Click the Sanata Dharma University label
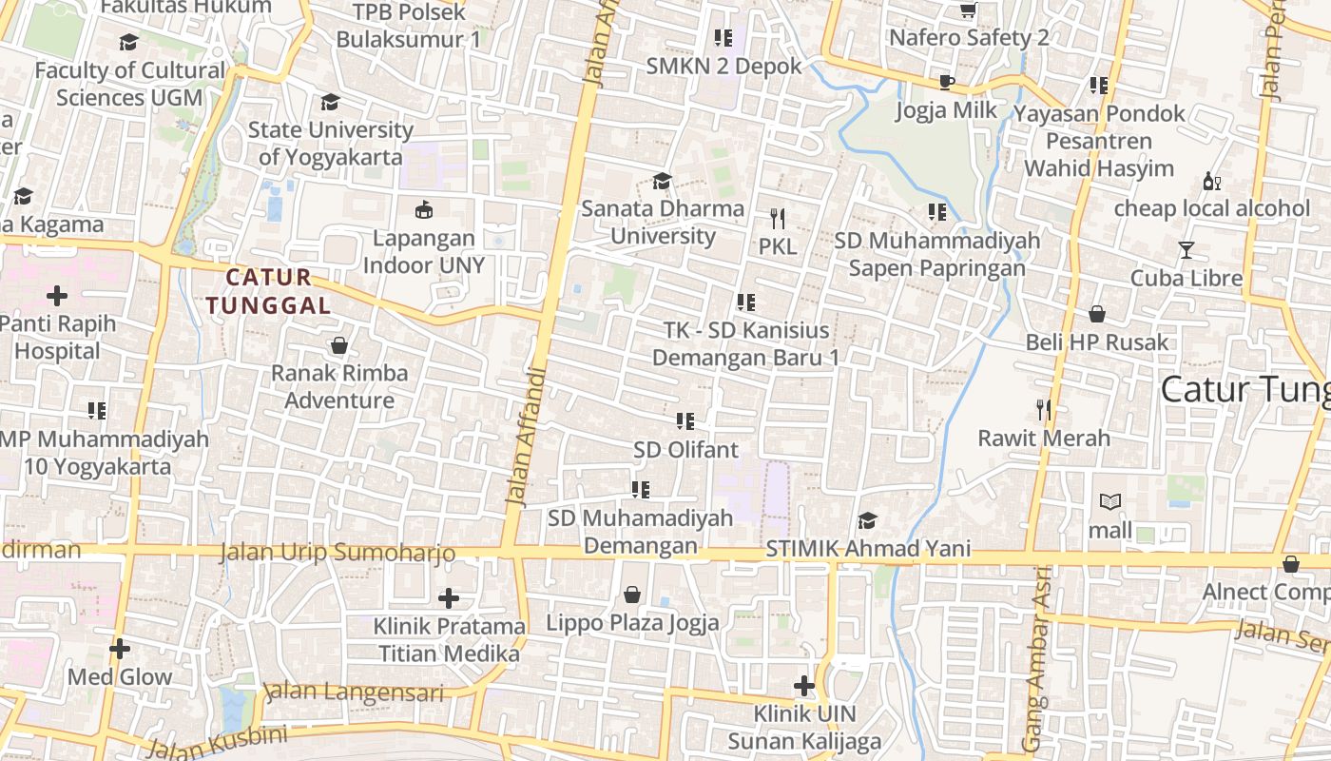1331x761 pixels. [663, 222]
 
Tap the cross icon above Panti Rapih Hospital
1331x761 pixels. [57, 296]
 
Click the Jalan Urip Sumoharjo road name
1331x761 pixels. [338, 553]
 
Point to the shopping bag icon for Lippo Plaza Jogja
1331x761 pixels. [632, 595]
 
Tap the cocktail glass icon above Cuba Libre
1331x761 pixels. [1186, 250]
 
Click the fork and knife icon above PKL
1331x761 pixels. [778, 219]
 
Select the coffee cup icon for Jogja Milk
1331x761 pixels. [947, 83]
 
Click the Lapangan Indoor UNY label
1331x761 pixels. [424, 252]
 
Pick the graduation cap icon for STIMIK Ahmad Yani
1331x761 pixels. [867, 520]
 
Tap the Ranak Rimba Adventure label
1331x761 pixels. [339, 386]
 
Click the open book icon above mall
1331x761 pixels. [1109, 501]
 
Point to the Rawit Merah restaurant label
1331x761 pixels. [1044, 439]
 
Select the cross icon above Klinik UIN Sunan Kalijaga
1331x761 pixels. [804, 686]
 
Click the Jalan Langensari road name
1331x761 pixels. [354, 692]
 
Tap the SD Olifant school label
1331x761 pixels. [685, 449]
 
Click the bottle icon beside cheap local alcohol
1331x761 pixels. [1211, 181]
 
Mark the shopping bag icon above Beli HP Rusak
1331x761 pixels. [1096, 314]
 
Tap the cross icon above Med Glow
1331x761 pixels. [120, 650]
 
